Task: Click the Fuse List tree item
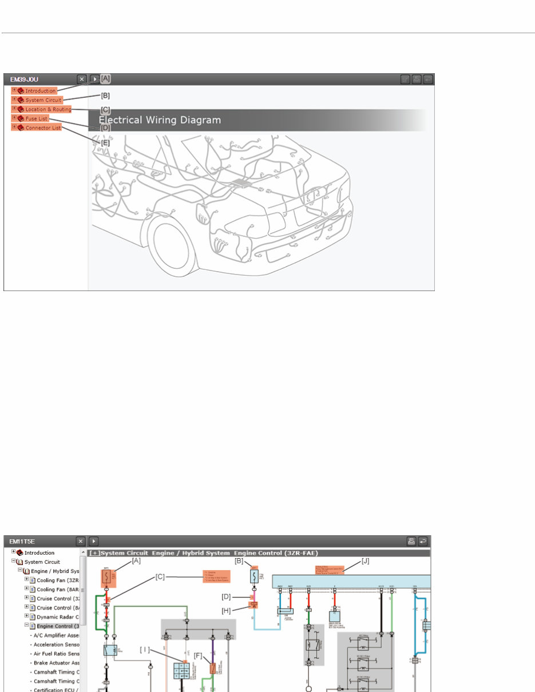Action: (36, 118)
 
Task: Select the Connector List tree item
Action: (42, 128)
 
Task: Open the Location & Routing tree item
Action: (47, 109)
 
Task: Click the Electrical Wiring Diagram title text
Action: (160, 121)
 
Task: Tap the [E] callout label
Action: (105, 143)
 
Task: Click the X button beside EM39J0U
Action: (82, 79)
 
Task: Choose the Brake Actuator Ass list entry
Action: (57, 663)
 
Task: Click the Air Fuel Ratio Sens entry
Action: (57, 654)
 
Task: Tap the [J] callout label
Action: (366, 561)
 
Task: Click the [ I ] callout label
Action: (144, 649)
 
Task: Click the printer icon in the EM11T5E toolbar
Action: (410, 540)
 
